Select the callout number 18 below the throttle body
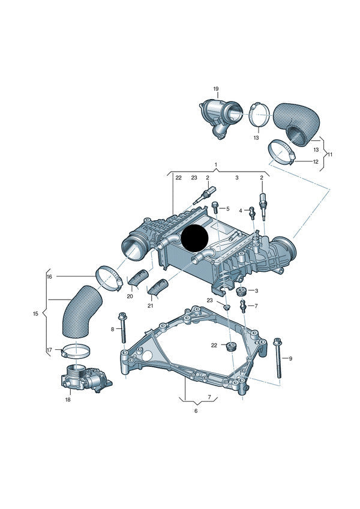coord(68,399)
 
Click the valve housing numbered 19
coord(219,116)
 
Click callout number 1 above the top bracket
coord(216,164)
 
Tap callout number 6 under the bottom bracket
coord(196,411)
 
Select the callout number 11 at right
coord(330,154)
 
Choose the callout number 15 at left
coord(35,313)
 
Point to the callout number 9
coord(290,358)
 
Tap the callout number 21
coord(151,306)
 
